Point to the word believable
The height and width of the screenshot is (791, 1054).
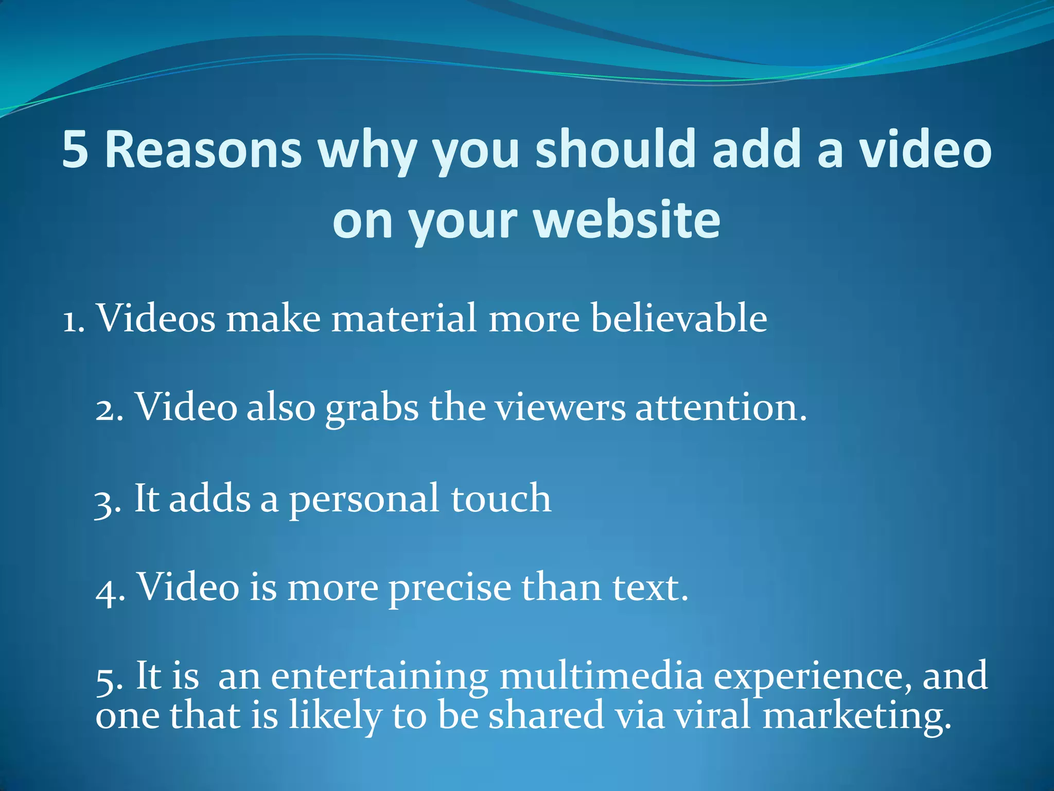pos(679,318)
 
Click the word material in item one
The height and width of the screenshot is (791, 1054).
pos(404,318)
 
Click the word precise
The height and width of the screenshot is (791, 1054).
pos(450,589)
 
